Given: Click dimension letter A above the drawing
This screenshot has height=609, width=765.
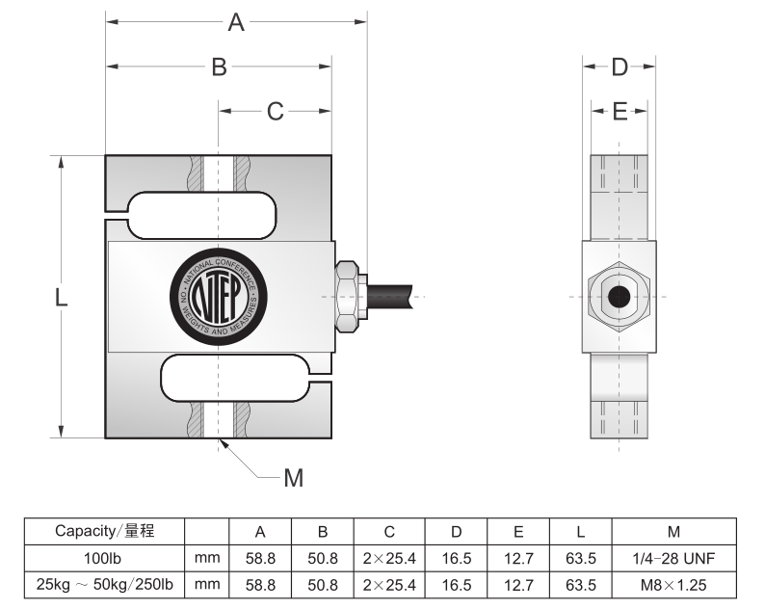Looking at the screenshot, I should click(236, 21).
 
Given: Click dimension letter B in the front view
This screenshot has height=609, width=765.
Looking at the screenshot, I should click(220, 66).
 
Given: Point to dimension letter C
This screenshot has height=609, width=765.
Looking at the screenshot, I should click(276, 112).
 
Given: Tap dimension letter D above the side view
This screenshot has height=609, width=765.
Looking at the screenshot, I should click(620, 66).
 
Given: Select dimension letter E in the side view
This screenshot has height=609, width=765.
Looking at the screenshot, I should click(620, 112).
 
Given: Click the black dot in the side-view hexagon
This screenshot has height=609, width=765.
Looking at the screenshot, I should click(619, 297).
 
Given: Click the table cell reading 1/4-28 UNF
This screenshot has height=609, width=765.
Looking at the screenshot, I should click(673, 558).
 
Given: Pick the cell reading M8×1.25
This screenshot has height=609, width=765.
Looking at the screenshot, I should click(673, 584).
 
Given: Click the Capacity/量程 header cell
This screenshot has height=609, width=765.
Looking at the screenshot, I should click(104, 531).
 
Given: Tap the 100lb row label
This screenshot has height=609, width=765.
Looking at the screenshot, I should click(104, 558).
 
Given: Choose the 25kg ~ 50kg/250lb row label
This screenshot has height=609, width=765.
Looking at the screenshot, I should click(104, 584).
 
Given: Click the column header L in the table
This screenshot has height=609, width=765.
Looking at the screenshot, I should click(581, 532).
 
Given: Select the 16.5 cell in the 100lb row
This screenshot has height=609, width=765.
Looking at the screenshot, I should click(457, 558).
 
